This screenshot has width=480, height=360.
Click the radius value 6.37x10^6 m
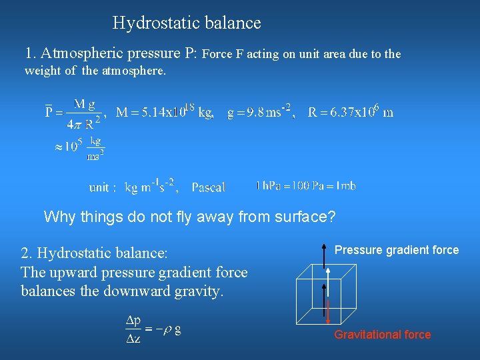click(x=351, y=112)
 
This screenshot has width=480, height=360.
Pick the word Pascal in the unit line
click(x=209, y=187)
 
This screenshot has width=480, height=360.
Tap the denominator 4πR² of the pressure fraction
click(x=83, y=123)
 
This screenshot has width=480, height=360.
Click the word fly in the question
click(x=185, y=217)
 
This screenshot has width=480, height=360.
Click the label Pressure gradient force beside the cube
click(x=397, y=250)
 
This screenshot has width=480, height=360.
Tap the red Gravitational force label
click(x=383, y=335)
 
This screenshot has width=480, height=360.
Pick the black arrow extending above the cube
click(x=324, y=254)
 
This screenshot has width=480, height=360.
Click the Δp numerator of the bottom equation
click(x=134, y=321)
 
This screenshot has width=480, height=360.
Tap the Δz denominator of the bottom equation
click(x=134, y=339)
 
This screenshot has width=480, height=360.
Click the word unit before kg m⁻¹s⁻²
click(x=102, y=187)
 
